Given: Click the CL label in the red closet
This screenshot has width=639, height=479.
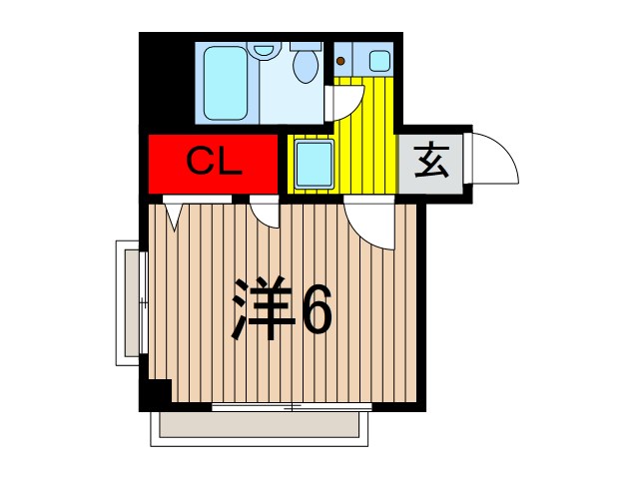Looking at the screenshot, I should click(x=214, y=163).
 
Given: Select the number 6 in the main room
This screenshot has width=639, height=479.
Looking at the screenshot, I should click(x=316, y=308).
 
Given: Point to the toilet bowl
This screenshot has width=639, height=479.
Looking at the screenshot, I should click(x=305, y=66).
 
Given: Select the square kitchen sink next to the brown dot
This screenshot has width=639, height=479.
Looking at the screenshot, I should click(x=379, y=60).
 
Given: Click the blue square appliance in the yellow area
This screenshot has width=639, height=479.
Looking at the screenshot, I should click(x=314, y=162).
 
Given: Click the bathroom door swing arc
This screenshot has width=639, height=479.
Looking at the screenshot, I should click(x=345, y=101).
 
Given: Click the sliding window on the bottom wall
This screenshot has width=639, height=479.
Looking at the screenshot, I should click(x=292, y=407).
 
